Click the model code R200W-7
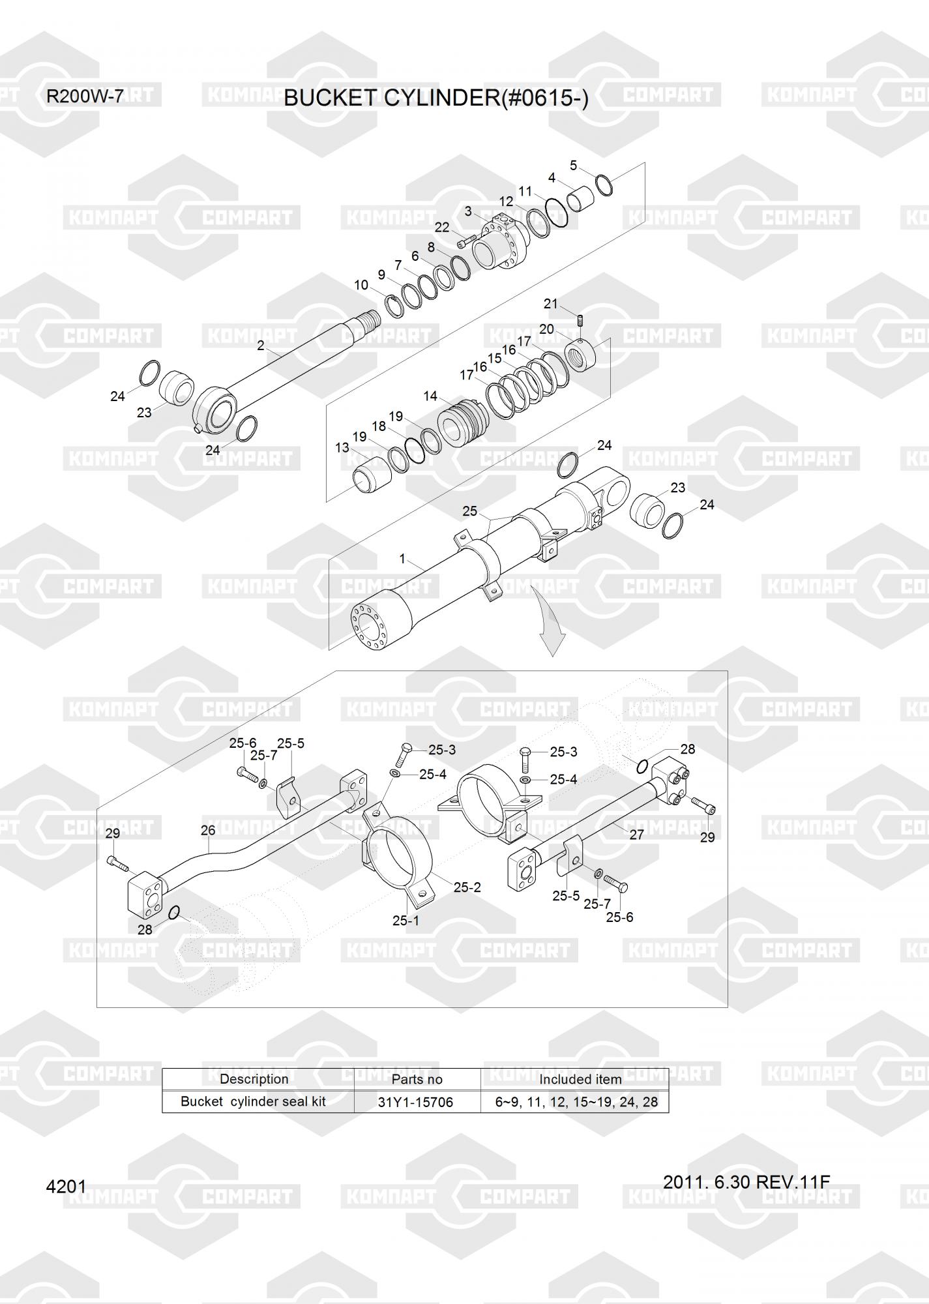(85, 97)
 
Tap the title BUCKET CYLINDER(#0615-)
(436, 98)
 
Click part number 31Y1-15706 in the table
(416, 1103)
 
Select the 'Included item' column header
(580, 1080)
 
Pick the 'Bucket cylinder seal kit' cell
(253, 1102)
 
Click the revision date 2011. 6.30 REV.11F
(746, 1182)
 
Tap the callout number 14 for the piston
(430, 396)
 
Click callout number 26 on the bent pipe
(208, 830)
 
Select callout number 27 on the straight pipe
(637, 835)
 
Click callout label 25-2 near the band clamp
(467, 887)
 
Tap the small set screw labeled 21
(580, 322)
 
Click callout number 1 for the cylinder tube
(402, 559)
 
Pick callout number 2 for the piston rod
(261, 346)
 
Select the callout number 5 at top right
(574, 166)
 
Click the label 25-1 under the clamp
(406, 921)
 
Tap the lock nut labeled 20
(585, 355)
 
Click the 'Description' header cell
(254, 1079)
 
